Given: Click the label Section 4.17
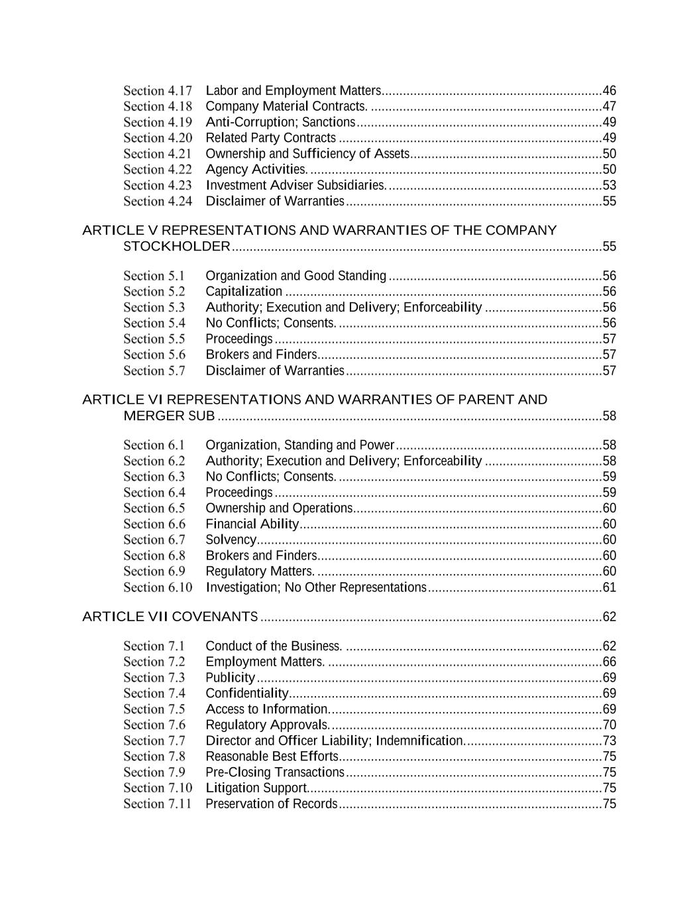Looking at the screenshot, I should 158,91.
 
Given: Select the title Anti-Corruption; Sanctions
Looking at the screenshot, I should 280,122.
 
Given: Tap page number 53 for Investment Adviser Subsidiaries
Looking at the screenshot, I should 609,186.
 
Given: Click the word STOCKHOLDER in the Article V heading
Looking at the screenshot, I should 177,247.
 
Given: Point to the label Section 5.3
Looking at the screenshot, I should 154,308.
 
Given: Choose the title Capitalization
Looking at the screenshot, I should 244,292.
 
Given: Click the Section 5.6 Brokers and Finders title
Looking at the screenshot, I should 261,355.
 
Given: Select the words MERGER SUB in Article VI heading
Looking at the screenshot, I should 169,416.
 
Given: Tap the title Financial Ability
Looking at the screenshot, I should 252,524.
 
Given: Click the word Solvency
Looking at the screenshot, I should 231,540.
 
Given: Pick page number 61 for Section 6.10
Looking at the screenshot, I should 609,587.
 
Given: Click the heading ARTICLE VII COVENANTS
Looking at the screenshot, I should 170,617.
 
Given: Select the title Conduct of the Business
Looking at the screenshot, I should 274,646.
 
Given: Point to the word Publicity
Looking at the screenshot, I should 230,678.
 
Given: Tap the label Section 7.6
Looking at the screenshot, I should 154,725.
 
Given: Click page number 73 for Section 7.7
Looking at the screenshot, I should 609,741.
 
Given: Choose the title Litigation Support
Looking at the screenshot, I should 256,788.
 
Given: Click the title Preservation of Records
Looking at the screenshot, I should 271,804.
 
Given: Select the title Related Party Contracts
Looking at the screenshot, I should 270,138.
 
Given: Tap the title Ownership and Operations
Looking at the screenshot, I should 278,509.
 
